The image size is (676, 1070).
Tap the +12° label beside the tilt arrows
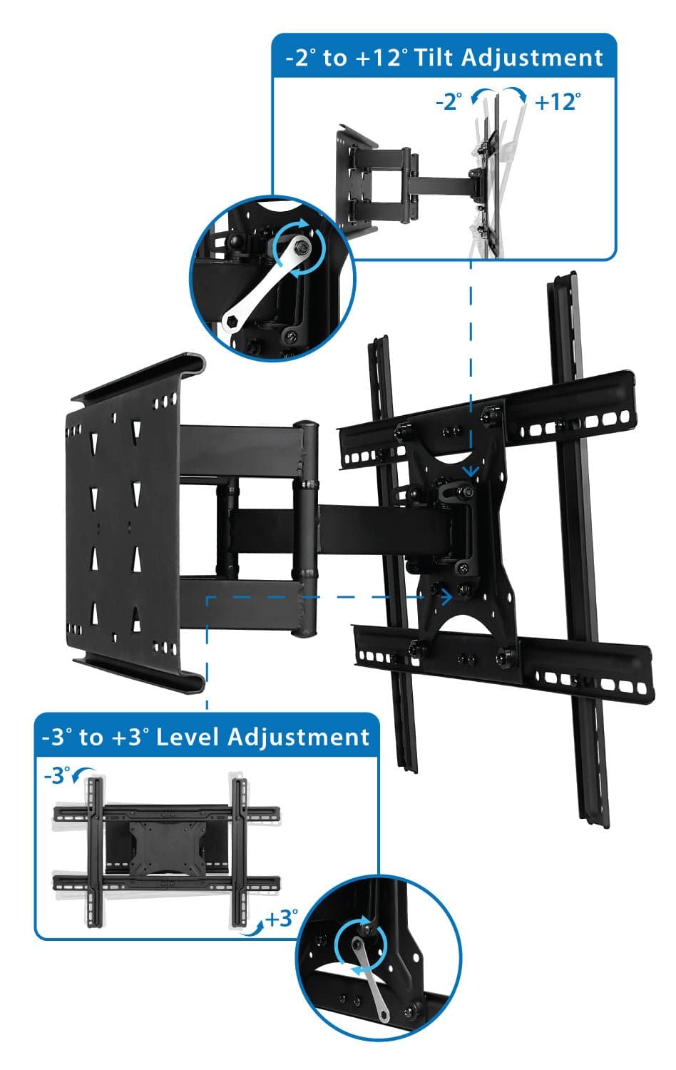tap(557, 102)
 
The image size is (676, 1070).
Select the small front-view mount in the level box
tap(165, 852)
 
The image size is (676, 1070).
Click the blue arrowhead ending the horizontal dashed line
tap(447, 596)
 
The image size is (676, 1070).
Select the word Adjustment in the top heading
tap(532, 57)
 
